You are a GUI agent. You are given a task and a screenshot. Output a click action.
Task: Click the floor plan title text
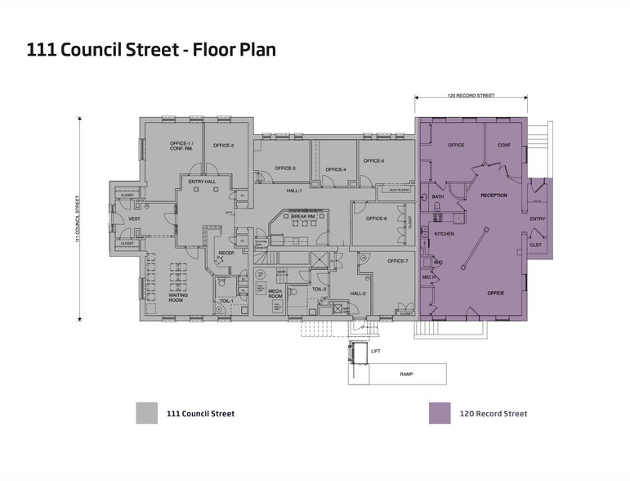(151, 50)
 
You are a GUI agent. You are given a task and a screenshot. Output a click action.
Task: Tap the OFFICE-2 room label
(224, 146)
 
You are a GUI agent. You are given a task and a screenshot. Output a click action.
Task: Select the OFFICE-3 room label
(284, 169)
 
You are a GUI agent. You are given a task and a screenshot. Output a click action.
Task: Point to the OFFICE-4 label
(335, 169)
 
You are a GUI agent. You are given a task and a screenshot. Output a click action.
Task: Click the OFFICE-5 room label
(373, 160)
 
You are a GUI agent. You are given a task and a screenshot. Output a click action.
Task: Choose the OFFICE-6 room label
(376, 218)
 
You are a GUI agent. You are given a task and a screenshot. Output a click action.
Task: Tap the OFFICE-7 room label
(397, 260)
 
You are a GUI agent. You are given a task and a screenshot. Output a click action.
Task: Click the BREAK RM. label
(303, 216)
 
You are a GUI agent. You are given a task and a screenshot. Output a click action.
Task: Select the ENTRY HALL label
(201, 181)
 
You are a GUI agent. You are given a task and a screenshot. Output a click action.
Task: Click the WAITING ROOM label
(179, 298)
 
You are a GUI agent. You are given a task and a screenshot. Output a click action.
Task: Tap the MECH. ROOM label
(275, 294)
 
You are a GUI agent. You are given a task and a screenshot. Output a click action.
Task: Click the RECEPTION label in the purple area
(493, 196)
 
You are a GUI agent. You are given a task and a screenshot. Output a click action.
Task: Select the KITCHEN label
(444, 234)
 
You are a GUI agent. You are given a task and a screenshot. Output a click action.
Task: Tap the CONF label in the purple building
(504, 145)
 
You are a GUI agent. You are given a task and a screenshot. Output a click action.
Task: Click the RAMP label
(406, 373)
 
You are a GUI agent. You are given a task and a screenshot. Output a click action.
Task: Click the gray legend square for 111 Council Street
(146, 413)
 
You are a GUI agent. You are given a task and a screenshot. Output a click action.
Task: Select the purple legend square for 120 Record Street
(440, 413)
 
